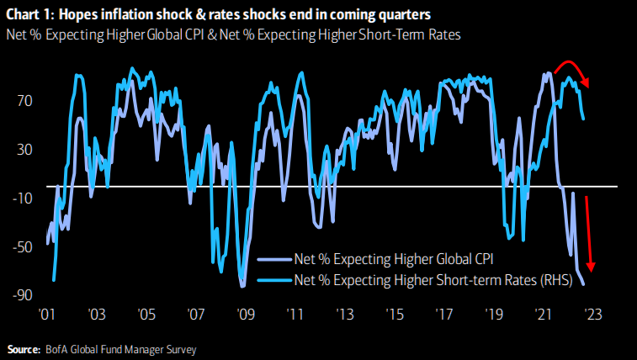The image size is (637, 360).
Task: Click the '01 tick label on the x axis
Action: click(47, 315)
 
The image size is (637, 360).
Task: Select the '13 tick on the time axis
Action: click(346, 315)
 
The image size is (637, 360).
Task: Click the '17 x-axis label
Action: click(445, 315)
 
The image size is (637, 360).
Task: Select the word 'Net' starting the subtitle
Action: click(16, 33)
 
